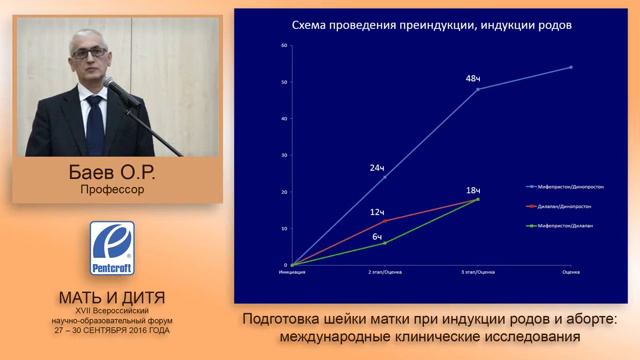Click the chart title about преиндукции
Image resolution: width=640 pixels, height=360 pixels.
point(432,27)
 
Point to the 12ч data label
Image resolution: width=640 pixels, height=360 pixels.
point(377,213)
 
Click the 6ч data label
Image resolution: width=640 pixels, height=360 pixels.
point(377,237)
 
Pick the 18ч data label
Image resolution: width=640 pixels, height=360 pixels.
point(473,190)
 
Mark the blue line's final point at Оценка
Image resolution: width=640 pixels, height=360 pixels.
point(570,67)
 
